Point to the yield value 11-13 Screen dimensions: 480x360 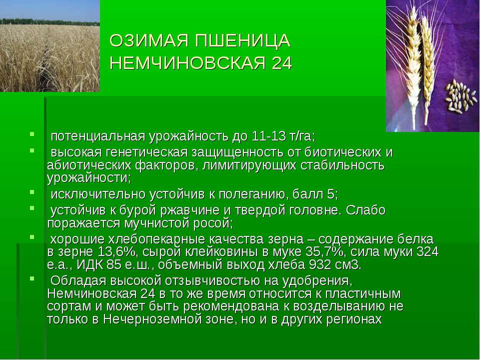point(268,136)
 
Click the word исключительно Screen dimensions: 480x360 point(98,194)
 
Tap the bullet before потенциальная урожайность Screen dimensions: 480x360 point(32,134)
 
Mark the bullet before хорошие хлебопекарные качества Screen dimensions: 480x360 point(32,237)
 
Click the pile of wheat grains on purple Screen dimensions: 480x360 point(461,96)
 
